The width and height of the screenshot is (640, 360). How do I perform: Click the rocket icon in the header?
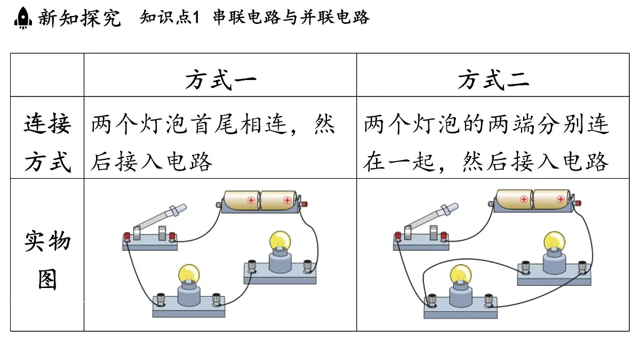23,18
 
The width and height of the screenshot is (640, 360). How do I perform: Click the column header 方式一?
221,79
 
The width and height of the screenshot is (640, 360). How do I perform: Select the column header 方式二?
493,79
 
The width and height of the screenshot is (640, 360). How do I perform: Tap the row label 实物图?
47,260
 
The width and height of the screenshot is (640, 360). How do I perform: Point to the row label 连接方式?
47,142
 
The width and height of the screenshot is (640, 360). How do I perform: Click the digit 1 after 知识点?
196,18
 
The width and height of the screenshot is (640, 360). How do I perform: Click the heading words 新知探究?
79,18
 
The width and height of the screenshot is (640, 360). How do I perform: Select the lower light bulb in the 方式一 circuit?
189,274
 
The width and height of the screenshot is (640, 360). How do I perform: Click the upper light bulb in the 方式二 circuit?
554,242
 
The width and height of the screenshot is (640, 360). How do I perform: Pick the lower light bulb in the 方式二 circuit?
461,275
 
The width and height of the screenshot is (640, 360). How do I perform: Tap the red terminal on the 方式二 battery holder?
578,203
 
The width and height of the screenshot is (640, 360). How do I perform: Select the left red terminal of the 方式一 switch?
126,237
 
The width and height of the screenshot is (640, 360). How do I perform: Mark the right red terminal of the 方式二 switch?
444,236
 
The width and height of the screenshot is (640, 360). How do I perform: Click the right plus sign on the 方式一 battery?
287,201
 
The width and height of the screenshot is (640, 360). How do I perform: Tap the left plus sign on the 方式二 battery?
524,199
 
